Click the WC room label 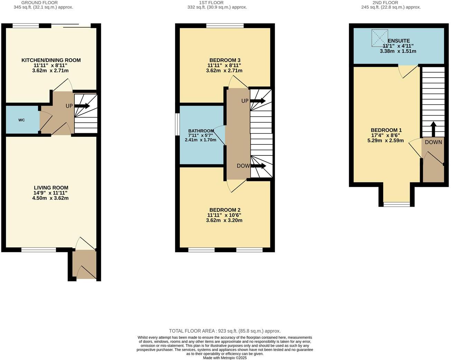21,120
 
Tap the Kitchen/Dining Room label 51,60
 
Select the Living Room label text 51,188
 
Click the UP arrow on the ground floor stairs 82,106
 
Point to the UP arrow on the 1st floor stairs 258,101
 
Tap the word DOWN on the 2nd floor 433,142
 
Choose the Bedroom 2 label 225,210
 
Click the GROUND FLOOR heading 40,3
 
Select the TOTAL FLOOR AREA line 225,331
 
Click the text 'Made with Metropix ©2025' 225,358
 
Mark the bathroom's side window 177,125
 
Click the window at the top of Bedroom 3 225,26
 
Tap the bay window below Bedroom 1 397,205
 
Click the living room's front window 39,250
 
